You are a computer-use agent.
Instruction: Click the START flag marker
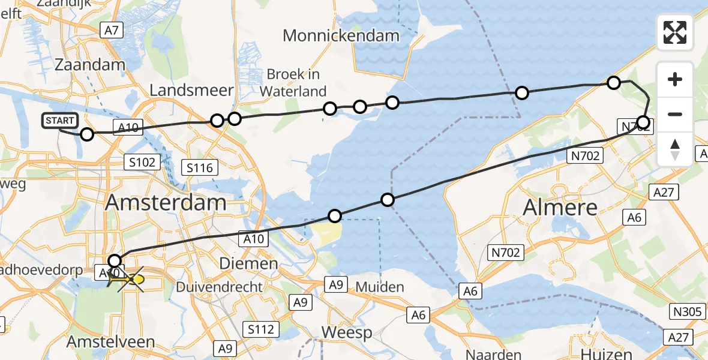[x=60, y=121]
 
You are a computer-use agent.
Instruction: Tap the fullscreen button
[x=675, y=32]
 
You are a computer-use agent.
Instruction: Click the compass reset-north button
[x=675, y=149]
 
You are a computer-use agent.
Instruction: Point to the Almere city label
[x=560, y=208]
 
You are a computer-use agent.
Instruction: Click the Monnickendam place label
[x=341, y=35]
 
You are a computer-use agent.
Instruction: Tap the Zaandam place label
[x=90, y=65]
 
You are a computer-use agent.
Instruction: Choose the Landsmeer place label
[x=191, y=91]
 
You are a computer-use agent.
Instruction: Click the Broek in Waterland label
[x=293, y=83]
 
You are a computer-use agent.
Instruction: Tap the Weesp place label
[x=346, y=332]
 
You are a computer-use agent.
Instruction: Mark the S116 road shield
[x=200, y=168]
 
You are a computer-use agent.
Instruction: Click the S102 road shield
[x=142, y=161]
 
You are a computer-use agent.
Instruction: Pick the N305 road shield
[x=687, y=311]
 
